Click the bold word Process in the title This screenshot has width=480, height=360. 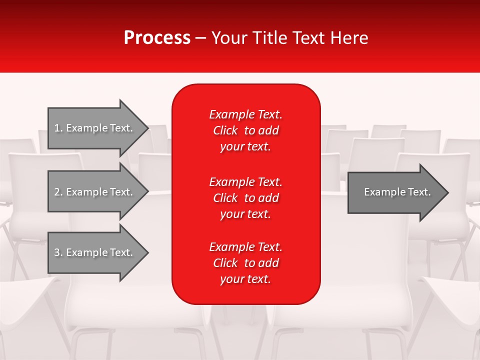[157, 38]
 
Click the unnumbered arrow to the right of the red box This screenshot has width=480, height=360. [395, 192]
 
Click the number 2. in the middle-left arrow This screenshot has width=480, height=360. [58, 192]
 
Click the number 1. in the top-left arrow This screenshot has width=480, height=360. [58, 128]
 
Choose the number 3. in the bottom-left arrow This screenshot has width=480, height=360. [58, 252]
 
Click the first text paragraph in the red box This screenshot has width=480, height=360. [245, 130]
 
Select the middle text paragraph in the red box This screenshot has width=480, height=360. [245, 198]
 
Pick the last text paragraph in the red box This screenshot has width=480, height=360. [245, 263]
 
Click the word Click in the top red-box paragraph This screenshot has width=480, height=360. [225, 130]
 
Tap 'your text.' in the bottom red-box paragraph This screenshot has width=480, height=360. [245, 279]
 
